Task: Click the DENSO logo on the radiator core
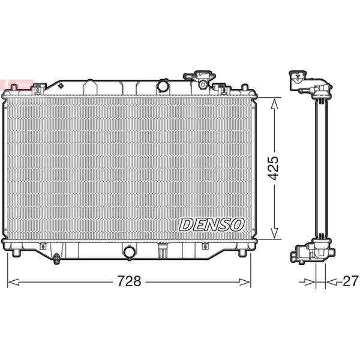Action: pyautogui.click(x=211, y=224)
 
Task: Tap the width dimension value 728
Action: pyautogui.click(x=128, y=281)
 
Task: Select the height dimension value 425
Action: pyautogui.click(x=274, y=169)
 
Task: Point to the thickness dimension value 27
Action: pyautogui.click(x=350, y=281)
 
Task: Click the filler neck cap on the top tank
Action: pyautogui.click(x=199, y=77)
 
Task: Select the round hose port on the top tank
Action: pyautogui.click(x=163, y=86)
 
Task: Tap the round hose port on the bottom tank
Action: pyautogui.click(x=129, y=252)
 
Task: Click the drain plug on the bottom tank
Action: pyautogui.click(x=56, y=259)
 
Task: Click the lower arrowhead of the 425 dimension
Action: pyautogui.click(x=274, y=235)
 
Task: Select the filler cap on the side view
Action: pyautogui.click(x=298, y=80)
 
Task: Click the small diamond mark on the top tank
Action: pyautogui.click(x=61, y=85)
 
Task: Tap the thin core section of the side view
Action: pyautogui.click(x=322, y=168)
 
